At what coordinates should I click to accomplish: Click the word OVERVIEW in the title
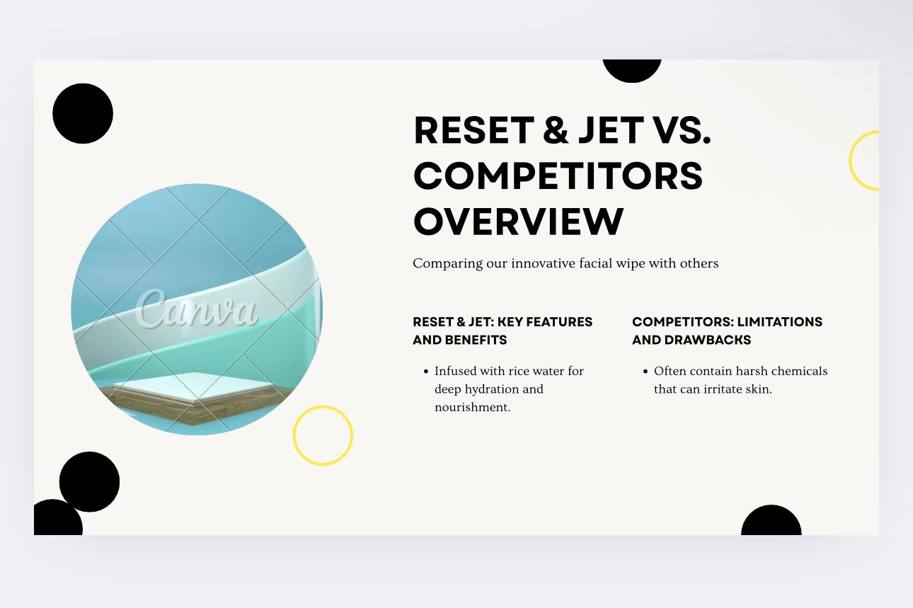pos(519,222)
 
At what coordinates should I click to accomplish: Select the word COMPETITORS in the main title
pos(558,176)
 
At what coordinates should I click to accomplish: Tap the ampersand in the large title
pos(556,130)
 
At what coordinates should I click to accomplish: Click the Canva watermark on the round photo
pos(197,309)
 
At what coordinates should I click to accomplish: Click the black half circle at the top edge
pos(632,71)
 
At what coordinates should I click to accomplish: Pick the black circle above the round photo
pos(83,113)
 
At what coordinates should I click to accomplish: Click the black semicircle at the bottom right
pos(771,520)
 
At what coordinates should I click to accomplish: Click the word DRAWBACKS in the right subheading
pos(708,340)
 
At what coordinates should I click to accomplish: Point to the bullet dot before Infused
pos(426,371)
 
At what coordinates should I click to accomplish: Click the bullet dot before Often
pos(645,371)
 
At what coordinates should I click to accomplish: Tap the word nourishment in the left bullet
pos(472,408)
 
